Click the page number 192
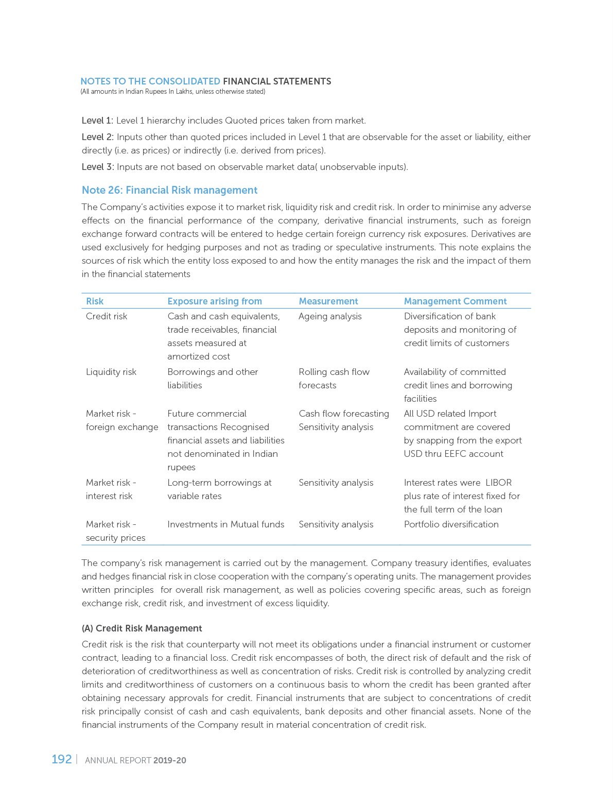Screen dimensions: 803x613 pyautogui.click(x=61, y=759)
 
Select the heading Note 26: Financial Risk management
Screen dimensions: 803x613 pyautogui.click(x=169, y=190)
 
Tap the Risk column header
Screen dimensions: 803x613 pyautogui.click(x=95, y=301)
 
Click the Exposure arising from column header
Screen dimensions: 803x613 pyautogui.click(x=215, y=301)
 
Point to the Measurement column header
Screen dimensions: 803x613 pyautogui.click(x=328, y=301)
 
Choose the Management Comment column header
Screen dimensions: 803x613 pyautogui.click(x=455, y=301)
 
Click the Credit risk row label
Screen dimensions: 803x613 pyautogui.click(x=107, y=316)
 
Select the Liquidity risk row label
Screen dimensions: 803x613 pyautogui.click(x=111, y=372)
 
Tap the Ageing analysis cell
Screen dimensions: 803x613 pyautogui.click(x=330, y=316)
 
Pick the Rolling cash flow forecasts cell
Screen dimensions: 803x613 pyautogui.click(x=334, y=379)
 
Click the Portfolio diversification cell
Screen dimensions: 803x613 pyautogui.click(x=451, y=524)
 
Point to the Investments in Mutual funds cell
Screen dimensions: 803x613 pyautogui.click(x=225, y=524)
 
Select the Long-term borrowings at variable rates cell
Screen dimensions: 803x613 pyautogui.click(x=219, y=489)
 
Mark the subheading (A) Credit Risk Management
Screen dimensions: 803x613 pyautogui.click(x=142, y=628)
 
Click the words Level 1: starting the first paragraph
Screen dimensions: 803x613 pyautogui.click(x=97, y=121)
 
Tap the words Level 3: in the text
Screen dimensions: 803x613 pyautogui.click(x=98, y=167)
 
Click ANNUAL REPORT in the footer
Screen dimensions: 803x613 pyautogui.click(x=117, y=760)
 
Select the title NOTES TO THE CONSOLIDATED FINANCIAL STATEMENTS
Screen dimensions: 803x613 pyautogui.click(x=205, y=81)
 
